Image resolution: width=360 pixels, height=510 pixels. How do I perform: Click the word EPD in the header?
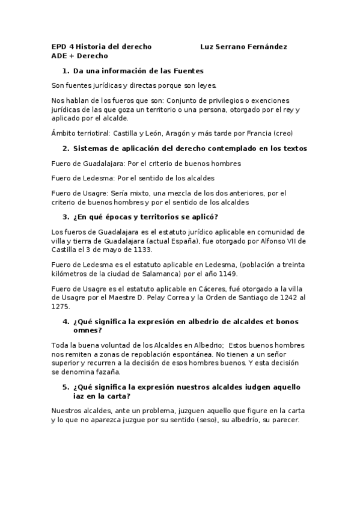coord(58,46)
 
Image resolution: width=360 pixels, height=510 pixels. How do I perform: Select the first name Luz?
coord(207,46)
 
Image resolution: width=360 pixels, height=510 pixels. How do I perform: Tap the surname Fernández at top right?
coord(268,46)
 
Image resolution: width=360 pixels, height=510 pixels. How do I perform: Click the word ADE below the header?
coord(59,56)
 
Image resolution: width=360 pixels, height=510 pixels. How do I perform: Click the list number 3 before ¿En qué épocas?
coord(66,217)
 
